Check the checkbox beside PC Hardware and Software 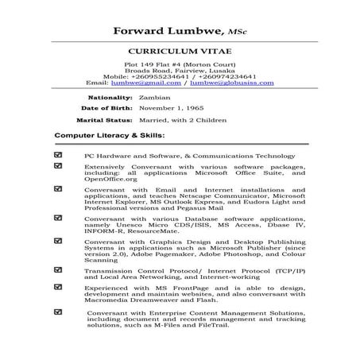tap(58, 156)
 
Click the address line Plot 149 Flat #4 tap(180, 61)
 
